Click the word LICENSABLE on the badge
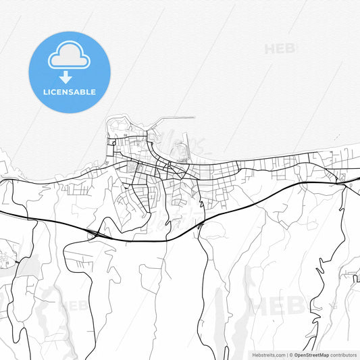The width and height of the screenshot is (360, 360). click(69, 92)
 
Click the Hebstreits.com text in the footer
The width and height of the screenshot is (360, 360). click(269, 355)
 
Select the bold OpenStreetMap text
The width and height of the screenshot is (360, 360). click(311, 355)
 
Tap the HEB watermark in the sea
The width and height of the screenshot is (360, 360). click(278, 49)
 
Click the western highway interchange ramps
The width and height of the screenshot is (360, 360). click(95, 233)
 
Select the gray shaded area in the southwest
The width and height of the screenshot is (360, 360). click(27, 269)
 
